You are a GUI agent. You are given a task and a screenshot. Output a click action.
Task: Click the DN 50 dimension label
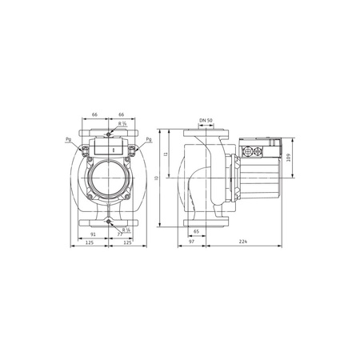[x=205, y=120]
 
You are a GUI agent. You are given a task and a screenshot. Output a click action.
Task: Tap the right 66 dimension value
[x=122, y=115]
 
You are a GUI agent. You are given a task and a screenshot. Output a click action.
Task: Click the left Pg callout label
[x=70, y=140]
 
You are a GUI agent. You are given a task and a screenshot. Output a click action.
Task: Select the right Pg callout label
[x=149, y=140]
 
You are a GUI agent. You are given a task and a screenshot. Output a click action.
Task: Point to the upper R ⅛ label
[x=122, y=124]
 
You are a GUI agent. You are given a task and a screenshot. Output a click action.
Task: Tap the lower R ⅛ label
[x=125, y=230]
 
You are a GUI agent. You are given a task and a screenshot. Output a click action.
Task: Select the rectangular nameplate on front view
[x=107, y=147]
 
